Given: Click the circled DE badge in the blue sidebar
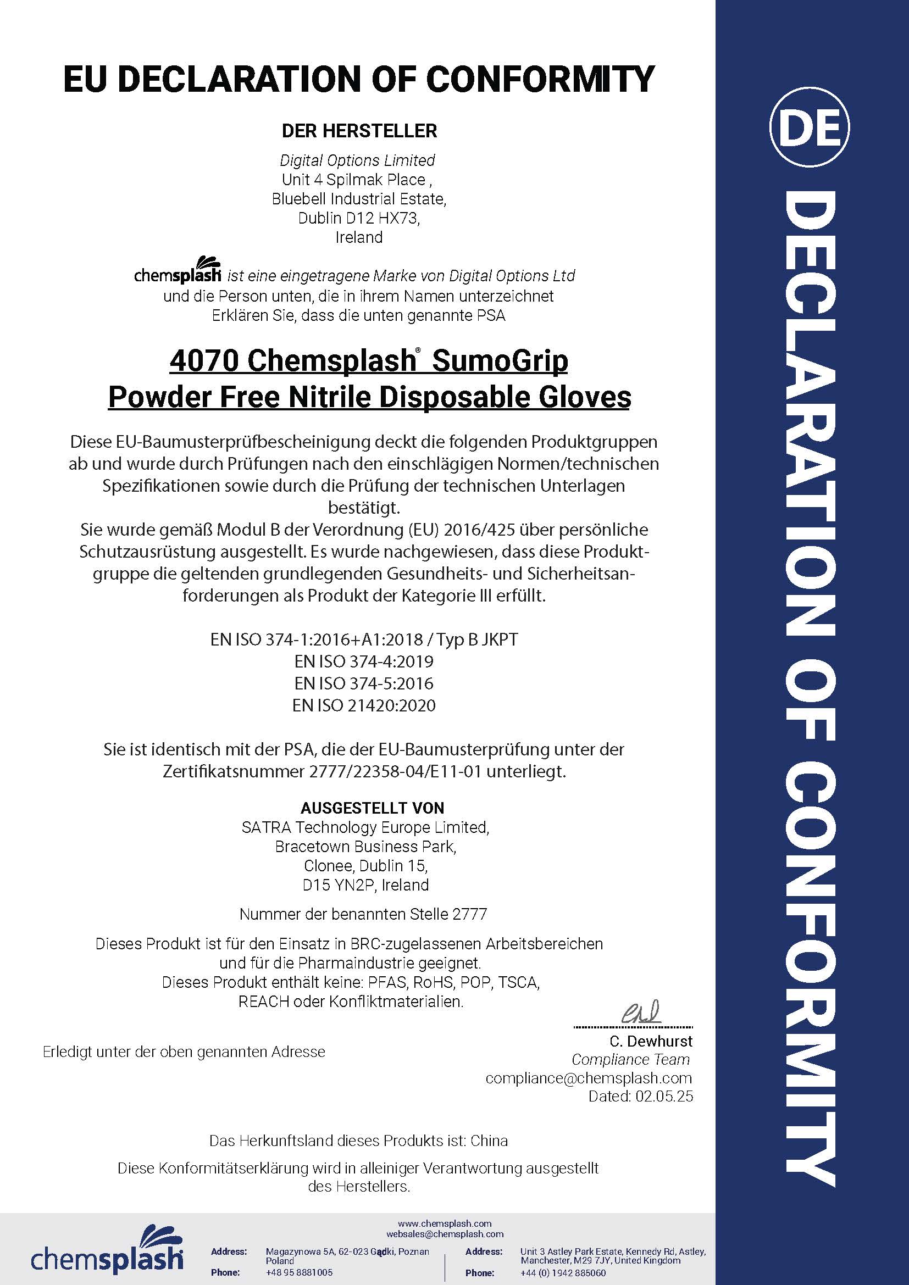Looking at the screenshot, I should pyautogui.click(x=809, y=128).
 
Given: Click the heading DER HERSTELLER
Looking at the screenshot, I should pyautogui.click(x=359, y=131).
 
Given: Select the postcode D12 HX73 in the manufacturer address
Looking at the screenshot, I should pyautogui.click(x=386, y=218).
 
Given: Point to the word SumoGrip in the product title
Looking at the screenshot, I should pyautogui.click(x=500, y=361).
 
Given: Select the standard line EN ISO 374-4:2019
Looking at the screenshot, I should pyautogui.click(x=364, y=661).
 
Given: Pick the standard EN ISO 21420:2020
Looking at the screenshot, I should pyautogui.click(x=364, y=705).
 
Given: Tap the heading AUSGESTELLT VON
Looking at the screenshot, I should pyautogui.click(x=372, y=808).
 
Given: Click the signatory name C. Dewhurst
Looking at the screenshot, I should pyautogui.click(x=651, y=1041).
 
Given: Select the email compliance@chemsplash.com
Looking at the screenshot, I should pyautogui.click(x=588, y=1078).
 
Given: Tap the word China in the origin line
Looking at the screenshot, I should pyautogui.click(x=489, y=1141).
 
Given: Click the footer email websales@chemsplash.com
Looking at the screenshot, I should pyautogui.click(x=445, y=1233).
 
